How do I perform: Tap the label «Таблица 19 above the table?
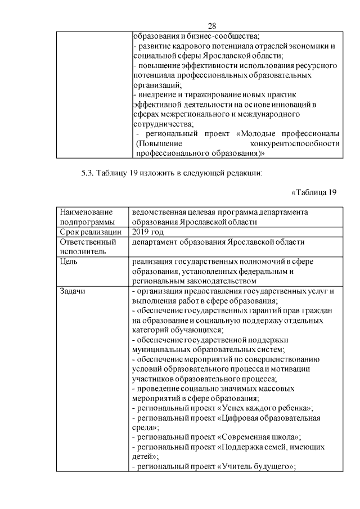click(314, 192)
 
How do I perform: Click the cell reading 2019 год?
click(148, 232)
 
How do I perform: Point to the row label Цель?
click(68, 262)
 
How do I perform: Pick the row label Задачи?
click(73, 291)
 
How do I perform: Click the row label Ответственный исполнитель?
click(88, 247)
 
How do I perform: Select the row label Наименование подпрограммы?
click(86, 217)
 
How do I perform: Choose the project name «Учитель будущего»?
click(259, 467)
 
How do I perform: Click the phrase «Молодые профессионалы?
click(288, 134)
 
